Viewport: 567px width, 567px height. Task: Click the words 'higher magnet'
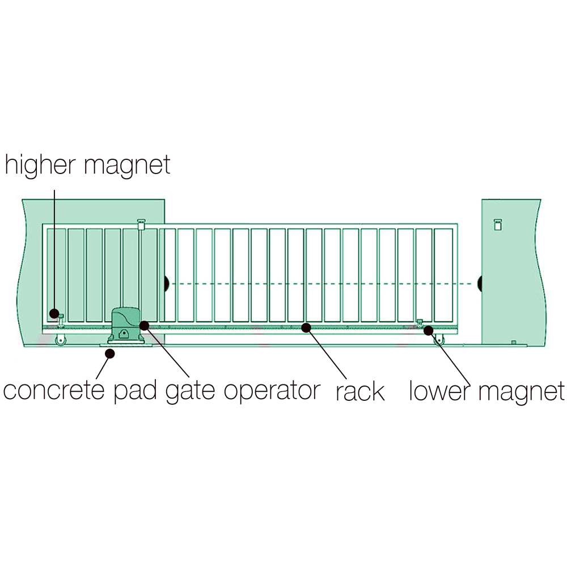(x=87, y=165)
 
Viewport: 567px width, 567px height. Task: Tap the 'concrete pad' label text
(x=79, y=391)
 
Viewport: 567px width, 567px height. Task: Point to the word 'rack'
(x=360, y=392)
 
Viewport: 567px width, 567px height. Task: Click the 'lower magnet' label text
(x=486, y=391)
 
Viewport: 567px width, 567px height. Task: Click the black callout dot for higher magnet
(x=54, y=313)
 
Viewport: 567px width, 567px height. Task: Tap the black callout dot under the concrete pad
(x=110, y=353)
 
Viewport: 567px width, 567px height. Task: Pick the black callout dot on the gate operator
(x=144, y=325)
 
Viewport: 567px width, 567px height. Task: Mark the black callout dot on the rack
(x=306, y=328)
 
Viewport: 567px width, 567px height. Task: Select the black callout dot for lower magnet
(x=429, y=331)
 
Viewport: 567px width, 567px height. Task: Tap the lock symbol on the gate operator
(x=124, y=334)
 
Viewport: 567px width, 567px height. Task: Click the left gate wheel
(x=61, y=340)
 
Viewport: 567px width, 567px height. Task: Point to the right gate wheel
(x=439, y=340)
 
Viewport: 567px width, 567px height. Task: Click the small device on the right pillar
(x=498, y=225)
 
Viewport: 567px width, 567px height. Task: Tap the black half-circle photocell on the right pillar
(x=480, y=284)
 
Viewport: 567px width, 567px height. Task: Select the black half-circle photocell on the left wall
(x=166, y=284)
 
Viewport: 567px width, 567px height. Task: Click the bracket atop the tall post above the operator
(x=141, y=224)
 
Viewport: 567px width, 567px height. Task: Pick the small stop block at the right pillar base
(x=514, y=342)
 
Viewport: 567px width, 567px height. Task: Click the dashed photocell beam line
(x=323, y=284)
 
